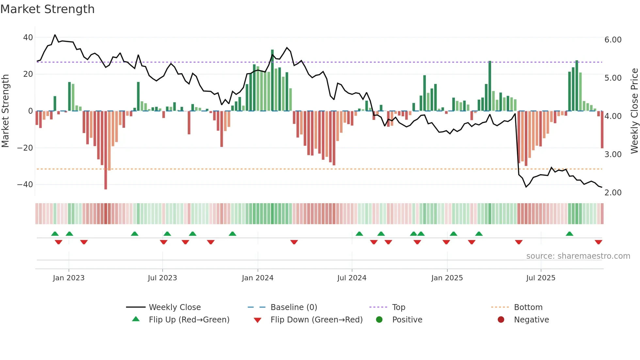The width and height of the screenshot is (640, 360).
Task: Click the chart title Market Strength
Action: (x=47, y=9)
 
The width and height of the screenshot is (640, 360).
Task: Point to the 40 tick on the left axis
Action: (x=28, y=38)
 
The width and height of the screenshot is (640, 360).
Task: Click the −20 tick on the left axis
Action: (x=25, y=148)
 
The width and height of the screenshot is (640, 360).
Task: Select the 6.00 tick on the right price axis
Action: (x=613, y=40)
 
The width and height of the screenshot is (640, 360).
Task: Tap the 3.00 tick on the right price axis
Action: (x=613, y=155)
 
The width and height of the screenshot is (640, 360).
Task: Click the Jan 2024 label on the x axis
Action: (x=257, y=278)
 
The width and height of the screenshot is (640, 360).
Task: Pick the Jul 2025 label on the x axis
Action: (x=540, y=278)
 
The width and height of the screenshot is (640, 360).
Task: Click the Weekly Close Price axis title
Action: (x=634, y=111)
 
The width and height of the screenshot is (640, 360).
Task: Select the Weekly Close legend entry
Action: (x=175, y=307)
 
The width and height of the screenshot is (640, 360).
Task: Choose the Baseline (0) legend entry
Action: (x=294, y=307)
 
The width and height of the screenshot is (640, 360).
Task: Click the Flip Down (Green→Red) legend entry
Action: (x=316, y=320)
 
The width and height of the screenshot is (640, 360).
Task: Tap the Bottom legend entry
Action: (x=528, y=307)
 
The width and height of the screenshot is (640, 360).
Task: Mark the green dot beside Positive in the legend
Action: (x=379, y=320)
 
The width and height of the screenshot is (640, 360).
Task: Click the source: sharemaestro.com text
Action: (x=578, y=256)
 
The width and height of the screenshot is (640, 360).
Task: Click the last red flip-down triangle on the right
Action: (x=598, y=242)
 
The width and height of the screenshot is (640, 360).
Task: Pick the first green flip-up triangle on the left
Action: (x=55, y=234)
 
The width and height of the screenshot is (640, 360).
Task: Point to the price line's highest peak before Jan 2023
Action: (x=55, y=35)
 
